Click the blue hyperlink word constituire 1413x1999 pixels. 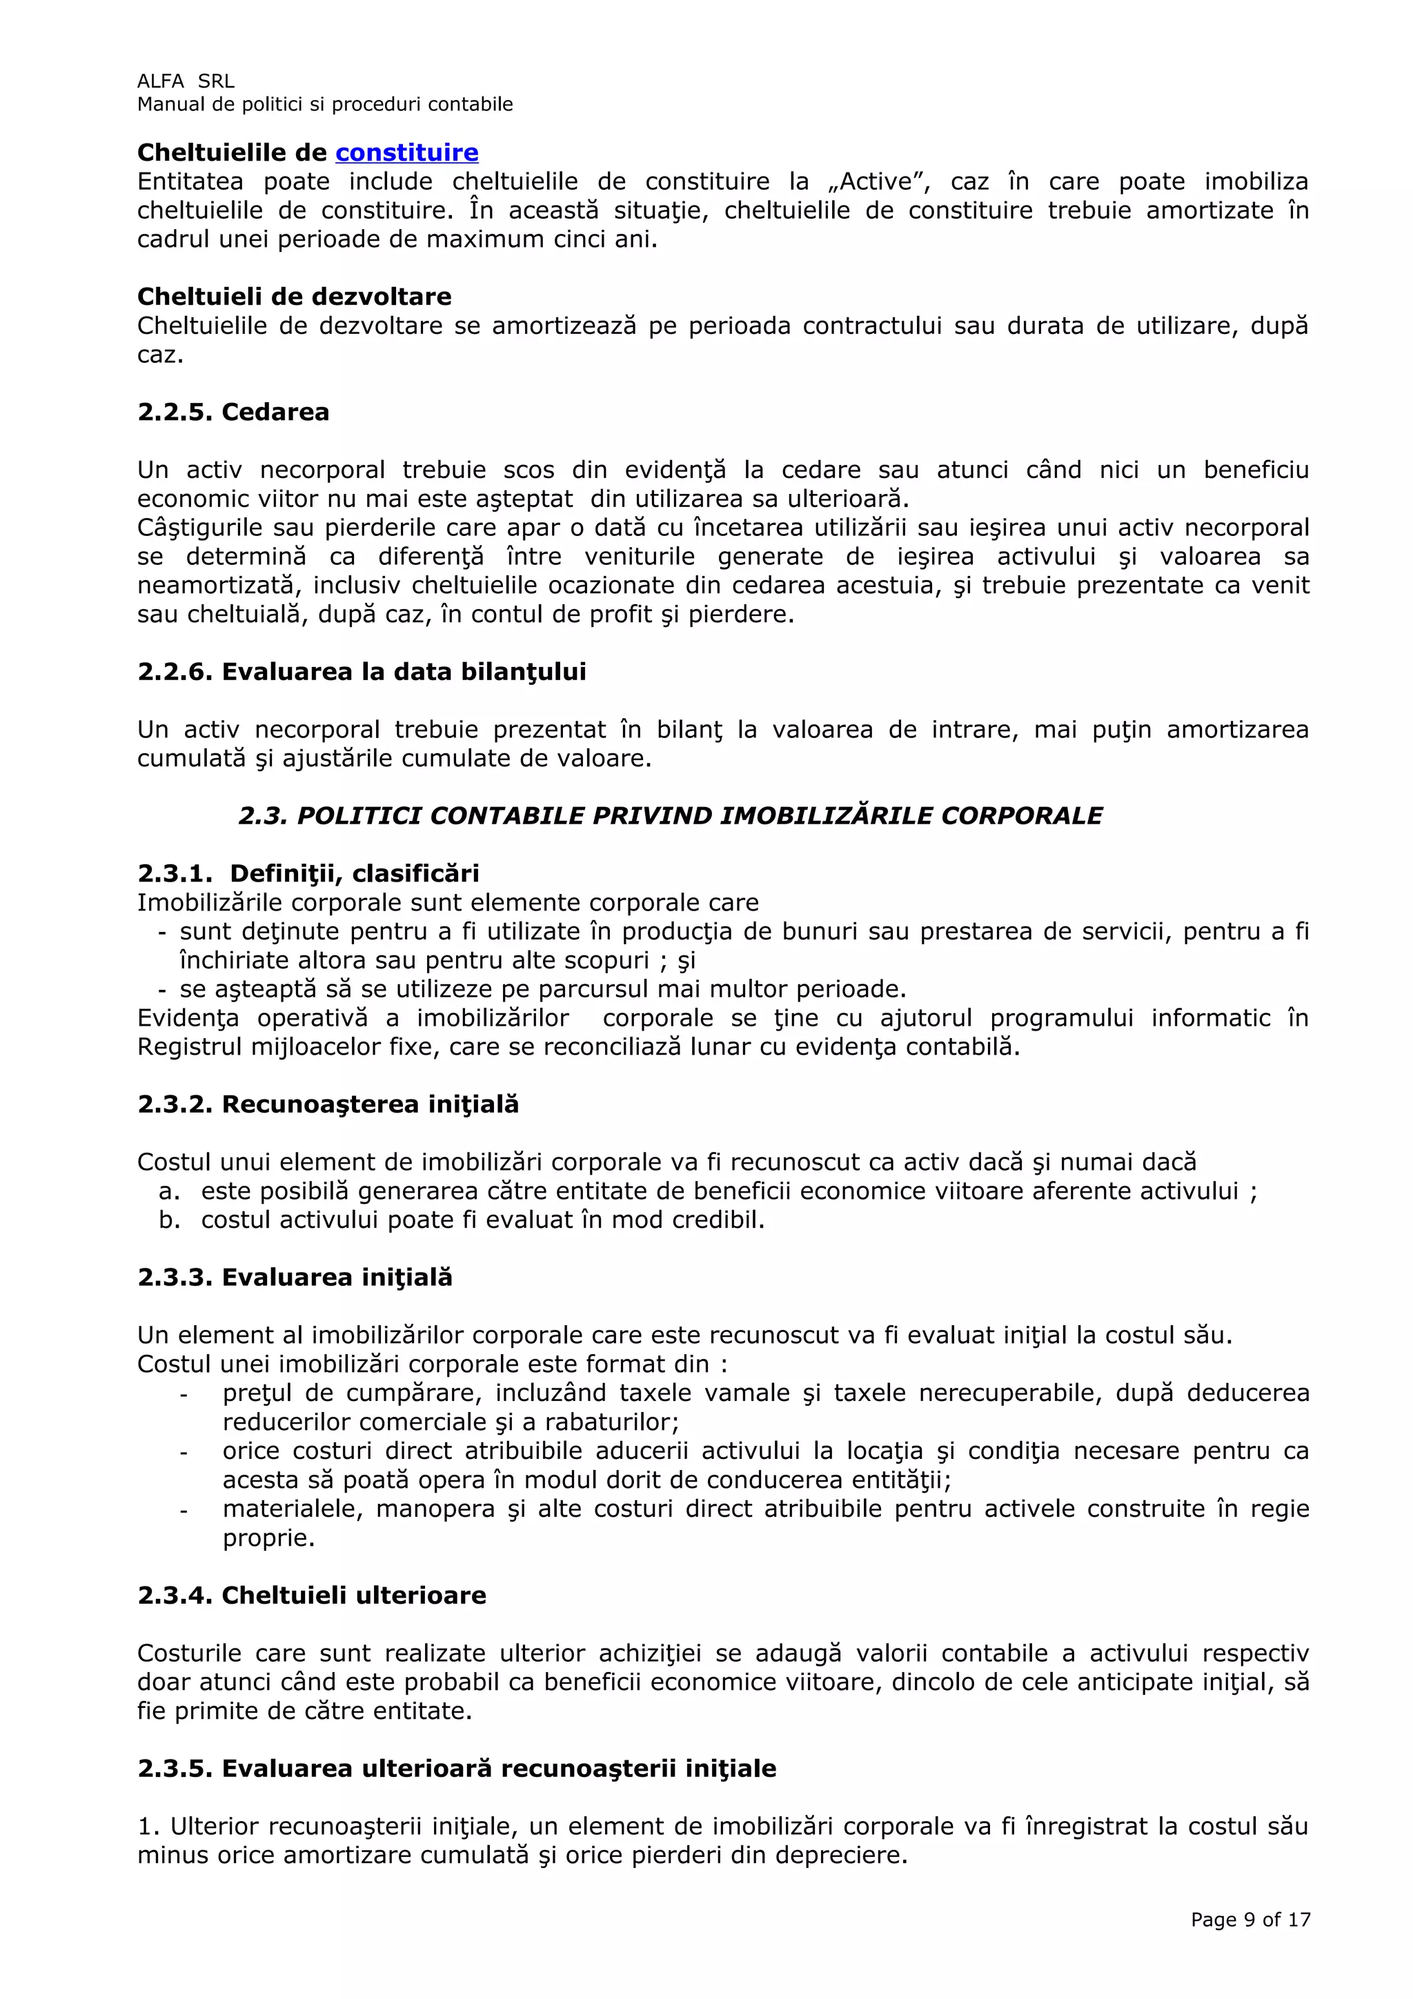(406, 153)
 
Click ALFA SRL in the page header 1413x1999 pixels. (186, 81)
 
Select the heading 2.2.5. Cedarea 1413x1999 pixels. (233, 412)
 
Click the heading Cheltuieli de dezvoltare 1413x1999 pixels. (295, 297)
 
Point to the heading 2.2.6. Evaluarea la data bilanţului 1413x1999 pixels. (362, 672)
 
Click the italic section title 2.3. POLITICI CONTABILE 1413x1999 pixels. (671, 816)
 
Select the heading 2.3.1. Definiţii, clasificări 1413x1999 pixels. (308, 873)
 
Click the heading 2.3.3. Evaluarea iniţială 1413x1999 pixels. (295, 1277)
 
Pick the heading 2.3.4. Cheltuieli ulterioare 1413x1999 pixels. (312, 1595)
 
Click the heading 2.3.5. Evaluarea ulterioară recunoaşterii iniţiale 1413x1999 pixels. (457, 1769)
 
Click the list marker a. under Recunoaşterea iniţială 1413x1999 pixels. (169, 1191)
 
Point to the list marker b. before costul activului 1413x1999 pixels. (169, 1220)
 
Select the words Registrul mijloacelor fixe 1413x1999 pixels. (290, 1046)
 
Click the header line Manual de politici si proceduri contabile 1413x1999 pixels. (325, 104)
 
